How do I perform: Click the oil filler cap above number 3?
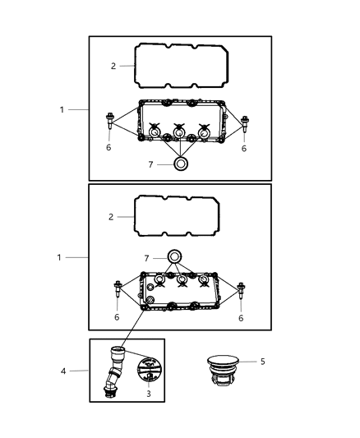click(x=146, y=367)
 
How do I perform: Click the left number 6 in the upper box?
click(x=108, y=148)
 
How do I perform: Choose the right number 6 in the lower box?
click(x=242, y=316)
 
